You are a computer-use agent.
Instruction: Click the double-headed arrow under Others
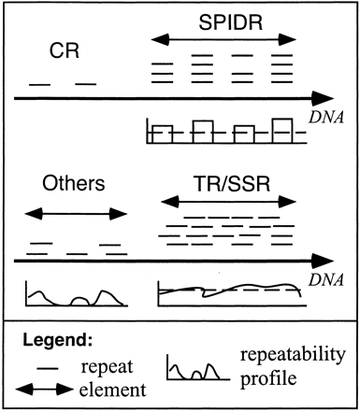click(x=73, y=214)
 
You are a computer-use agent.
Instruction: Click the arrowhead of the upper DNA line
click(x=324, y=96)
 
